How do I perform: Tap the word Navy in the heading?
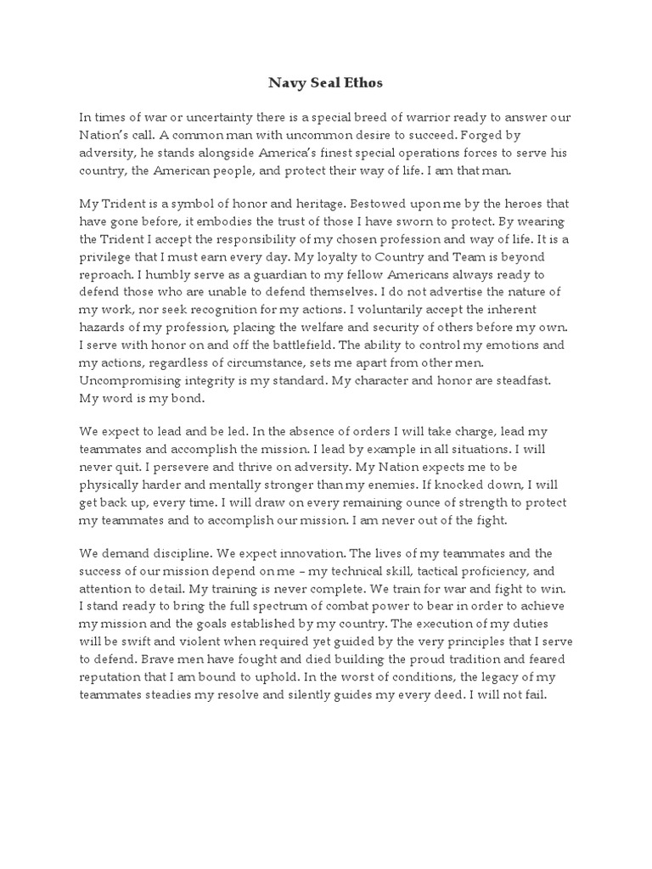286,83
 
